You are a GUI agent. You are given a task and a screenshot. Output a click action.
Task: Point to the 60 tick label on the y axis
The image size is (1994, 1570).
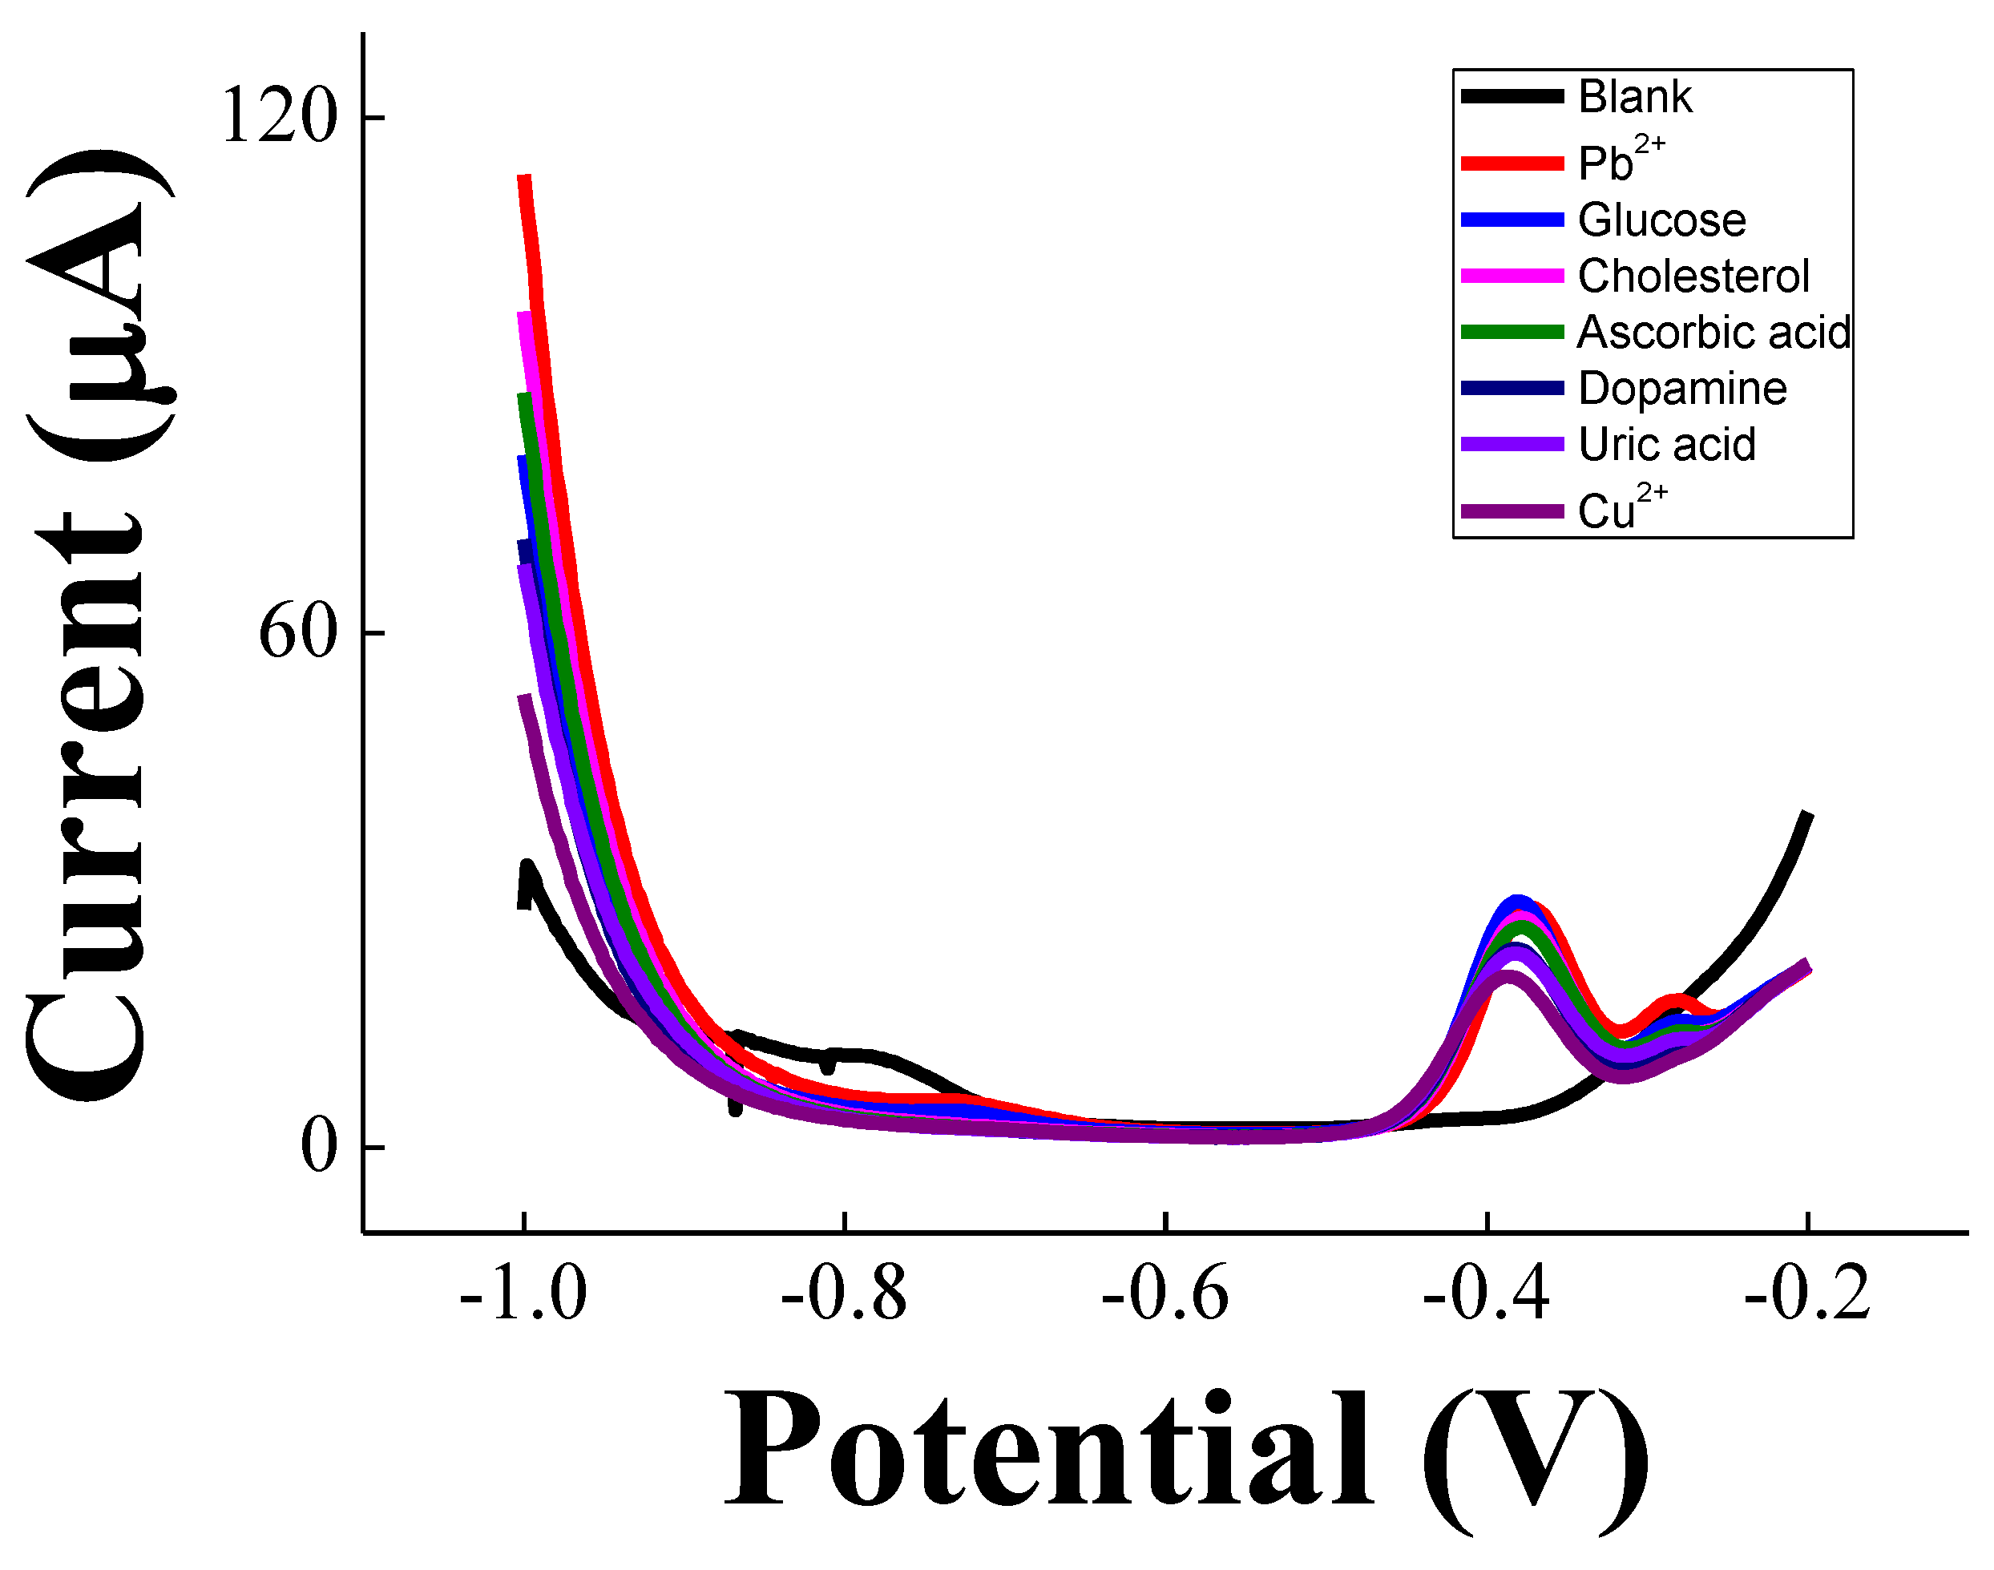[298, 633]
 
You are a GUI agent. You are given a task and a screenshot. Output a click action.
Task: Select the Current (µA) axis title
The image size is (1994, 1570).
[96, 625]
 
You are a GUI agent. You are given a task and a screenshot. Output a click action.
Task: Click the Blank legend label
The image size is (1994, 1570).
[1634, 98]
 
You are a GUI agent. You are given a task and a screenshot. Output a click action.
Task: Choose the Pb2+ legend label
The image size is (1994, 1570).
[1621, 161]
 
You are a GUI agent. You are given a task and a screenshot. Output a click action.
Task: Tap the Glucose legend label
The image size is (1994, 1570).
[1661, 220]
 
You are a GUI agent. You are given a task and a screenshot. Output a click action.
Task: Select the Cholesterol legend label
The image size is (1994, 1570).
[1693, 276]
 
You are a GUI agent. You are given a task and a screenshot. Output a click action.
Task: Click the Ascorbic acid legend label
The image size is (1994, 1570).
[1713, 333]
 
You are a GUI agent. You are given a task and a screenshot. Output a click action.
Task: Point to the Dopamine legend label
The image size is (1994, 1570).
[1682, 389]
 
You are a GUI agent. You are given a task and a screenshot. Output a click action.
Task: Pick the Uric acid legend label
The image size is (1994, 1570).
[1667, 445]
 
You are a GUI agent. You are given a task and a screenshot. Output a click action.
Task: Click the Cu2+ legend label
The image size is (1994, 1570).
[1621, 508]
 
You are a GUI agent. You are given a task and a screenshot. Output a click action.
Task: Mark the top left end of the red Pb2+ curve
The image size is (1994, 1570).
[524, 176]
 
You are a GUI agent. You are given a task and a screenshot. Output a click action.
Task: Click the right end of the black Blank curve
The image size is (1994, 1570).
[1807, 813]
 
